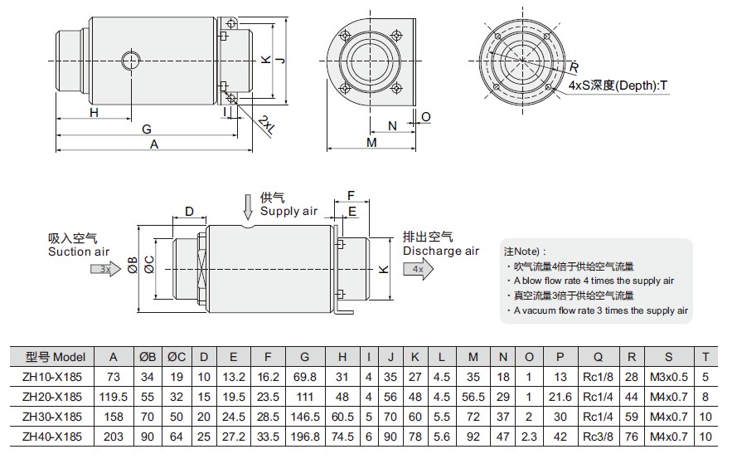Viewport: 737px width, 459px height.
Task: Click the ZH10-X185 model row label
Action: (x=52, y=377)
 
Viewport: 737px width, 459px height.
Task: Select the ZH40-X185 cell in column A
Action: (x=114, y=437)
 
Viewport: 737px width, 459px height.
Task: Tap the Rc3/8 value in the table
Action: (x=598, y=437)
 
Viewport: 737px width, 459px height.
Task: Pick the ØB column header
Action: (x=147, y=357)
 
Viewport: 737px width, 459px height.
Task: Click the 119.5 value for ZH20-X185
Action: (x=114, y=397)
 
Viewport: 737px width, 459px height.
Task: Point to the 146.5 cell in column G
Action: (x=305, y=417)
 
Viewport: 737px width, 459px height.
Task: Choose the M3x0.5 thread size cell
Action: (x=669, y=377)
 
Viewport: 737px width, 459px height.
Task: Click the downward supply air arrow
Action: (x=248, y=208)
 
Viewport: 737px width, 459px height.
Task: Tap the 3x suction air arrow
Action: (x=106, y=269)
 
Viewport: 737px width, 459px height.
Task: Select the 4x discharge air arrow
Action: (x=419, y=269)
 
